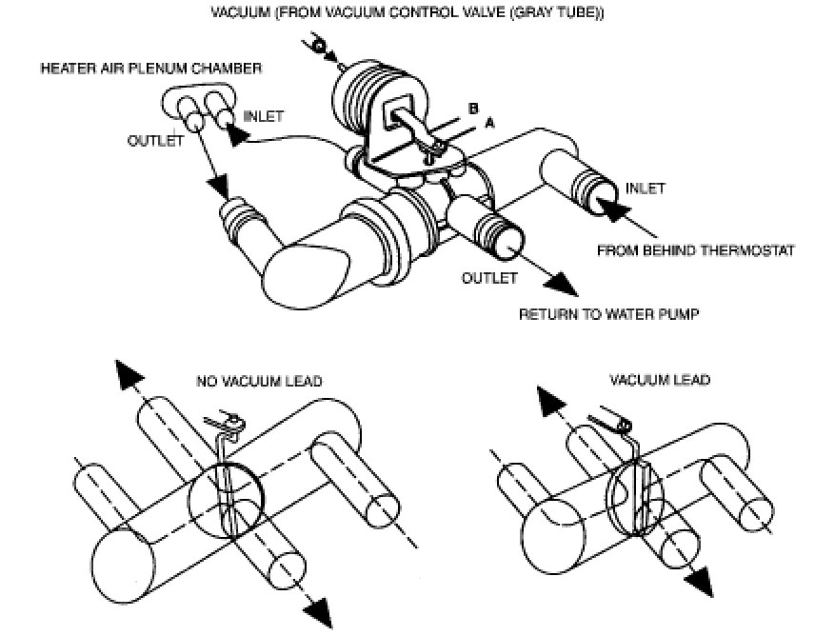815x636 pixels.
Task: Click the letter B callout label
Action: pos(471,109)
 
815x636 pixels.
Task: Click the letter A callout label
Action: pos(489,122)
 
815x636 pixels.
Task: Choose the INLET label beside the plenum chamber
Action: pos(263,116)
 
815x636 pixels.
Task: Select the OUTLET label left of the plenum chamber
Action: pos(154,139)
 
